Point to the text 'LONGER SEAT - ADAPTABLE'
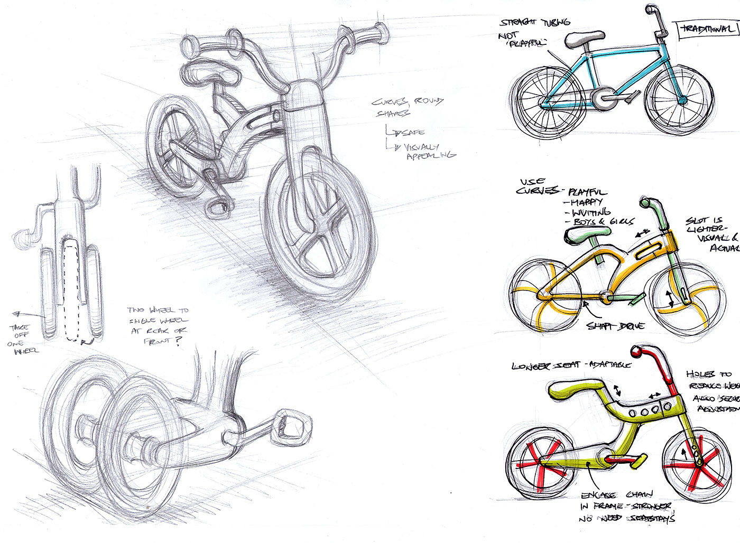coord(571,366)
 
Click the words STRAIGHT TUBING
coord(534,23)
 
